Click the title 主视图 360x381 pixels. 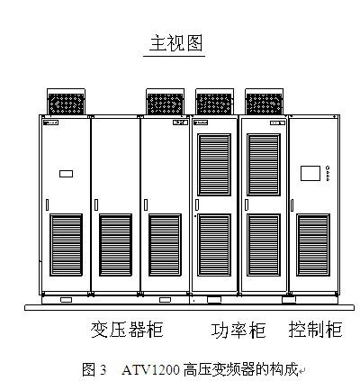tap(176, 42)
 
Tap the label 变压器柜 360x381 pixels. tap(127, 330)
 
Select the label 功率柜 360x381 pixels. tap(238, 330)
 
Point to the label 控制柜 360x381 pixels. tap(316, 330)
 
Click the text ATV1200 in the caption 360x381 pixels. tap(150, 370)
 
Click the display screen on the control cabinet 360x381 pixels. tap(310, 173)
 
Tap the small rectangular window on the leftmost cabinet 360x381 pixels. tap(66, 174)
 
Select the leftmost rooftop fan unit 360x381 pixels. tap(66, 102)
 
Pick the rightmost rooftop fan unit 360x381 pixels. tap(264, 102)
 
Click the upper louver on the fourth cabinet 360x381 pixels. tap(214, 165)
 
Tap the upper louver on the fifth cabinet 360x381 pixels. tap(264, 165)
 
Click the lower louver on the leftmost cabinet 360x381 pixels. tap(66, 245)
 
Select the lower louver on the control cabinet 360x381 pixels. tap(313, 245)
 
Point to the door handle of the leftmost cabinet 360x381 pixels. tap(47, 204)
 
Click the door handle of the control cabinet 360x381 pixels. tap(292, 204)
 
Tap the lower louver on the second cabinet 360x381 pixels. tap(115, 245)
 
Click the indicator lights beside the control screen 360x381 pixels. tap(328, 174)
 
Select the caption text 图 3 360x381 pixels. tap(94, 370)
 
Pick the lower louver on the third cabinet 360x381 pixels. tap(165, 245)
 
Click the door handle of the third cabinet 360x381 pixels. tap(146, 204)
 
